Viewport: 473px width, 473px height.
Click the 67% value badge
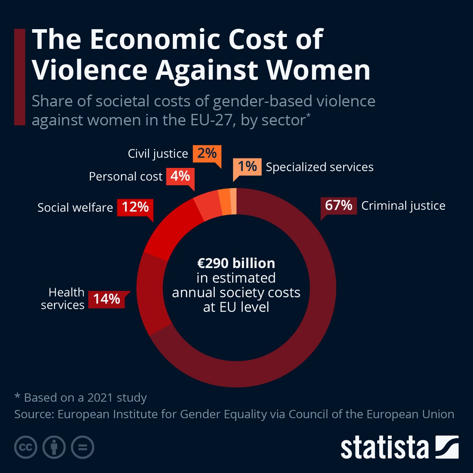pos(339,206)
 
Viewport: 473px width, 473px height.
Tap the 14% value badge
pos(106,299)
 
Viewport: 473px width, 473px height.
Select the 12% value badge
pos(135,207)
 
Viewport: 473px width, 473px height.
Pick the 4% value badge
pos(180,176)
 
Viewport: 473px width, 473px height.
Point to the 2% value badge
pos(207,153)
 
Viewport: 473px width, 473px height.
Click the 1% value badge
pos(247,167)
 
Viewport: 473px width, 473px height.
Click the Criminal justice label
pos(403,206)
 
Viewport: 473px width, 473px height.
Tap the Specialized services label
pos(320,167)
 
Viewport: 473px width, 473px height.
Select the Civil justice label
pos(158,154)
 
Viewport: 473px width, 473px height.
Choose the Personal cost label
pos(125,177)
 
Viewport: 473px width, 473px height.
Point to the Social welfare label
pos(75,208)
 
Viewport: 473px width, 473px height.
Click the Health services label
pos(63,299)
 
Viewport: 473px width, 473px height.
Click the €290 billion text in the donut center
pos(236,263)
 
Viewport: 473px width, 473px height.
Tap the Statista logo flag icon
pos(447,447)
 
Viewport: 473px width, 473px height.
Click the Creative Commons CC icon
pos(26,447)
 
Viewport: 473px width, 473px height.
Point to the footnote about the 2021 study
pos(81,398)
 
